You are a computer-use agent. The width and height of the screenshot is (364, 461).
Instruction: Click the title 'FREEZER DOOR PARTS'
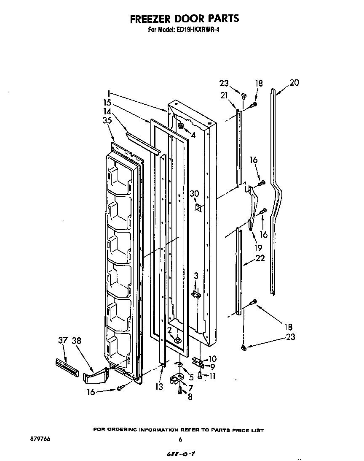pyautogui.click(x=184, y=19)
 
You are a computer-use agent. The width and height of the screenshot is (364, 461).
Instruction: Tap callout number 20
pyautogui.click(x=294, y=83)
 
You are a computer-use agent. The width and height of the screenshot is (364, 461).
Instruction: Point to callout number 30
pyautogui.click(x=194, y=194)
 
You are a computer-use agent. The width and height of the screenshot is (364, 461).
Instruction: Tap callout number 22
pyautogui.click(x=260, y=258)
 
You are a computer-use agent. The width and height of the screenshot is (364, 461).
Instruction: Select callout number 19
pyautogui.click(x=258, y=248)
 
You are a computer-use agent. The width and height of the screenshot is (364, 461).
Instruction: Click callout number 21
pyautogui.click(x=224, y=96)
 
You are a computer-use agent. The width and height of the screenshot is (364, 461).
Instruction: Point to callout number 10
pyautogui.click(x=212, y=358)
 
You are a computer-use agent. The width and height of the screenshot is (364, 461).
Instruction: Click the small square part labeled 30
pyautogui.click(x=198, y=207)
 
